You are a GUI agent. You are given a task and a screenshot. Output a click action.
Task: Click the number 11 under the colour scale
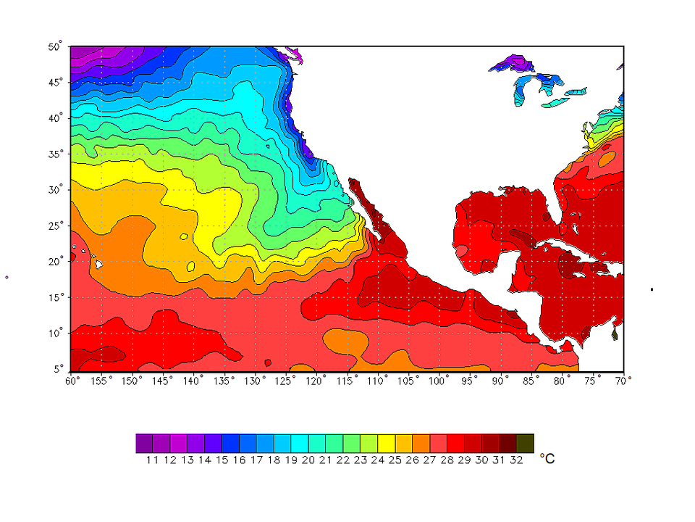point(152,460)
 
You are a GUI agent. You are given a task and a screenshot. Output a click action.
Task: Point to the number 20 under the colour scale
point(308,460)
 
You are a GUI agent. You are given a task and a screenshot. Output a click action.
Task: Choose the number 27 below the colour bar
point(429,460)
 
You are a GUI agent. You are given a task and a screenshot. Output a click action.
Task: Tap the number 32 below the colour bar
point(516,460)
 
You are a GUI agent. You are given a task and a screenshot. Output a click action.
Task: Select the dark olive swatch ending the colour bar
point(526,443)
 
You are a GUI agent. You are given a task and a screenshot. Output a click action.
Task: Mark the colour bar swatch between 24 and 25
point(387,443)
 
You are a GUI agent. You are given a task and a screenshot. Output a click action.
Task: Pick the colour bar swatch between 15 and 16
point(230,443)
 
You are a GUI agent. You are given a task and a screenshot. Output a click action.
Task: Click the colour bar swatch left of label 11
point(144,443)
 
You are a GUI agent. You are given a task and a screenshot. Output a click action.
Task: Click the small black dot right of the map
point(652,289)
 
